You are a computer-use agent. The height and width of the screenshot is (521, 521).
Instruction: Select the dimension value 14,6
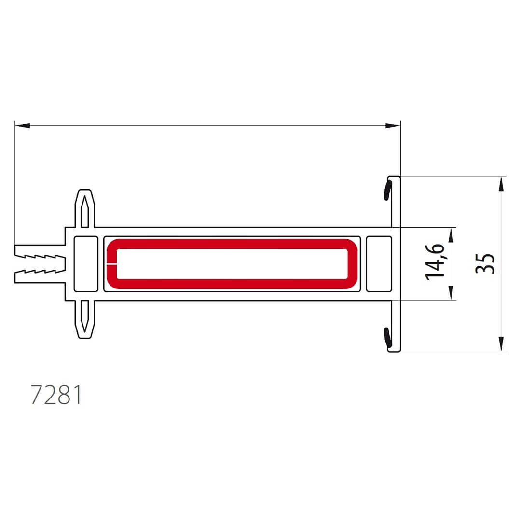pyautogui.click(x=435, y=262)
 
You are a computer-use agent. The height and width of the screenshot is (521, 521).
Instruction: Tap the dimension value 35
pyautogui.click(x=485, y=263)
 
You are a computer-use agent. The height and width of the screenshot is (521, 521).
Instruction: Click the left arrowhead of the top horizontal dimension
pyautogui.click(x=23, y=125)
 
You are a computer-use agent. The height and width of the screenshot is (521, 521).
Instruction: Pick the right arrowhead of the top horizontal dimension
pyautogui.click(x=393, y=125)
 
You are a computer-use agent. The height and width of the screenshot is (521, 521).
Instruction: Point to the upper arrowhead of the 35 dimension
pyautogui.click(x=501, y=184)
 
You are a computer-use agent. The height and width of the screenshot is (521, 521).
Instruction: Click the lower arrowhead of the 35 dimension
pyautogui.click(x=501, y=344)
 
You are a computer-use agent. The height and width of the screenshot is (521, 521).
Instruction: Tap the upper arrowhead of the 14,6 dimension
pyautogui.click(x=451, y=235)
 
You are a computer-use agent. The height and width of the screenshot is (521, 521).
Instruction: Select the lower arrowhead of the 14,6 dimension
pyautogui.click(x=451, y=293)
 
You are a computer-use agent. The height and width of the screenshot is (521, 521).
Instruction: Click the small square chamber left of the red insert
pyautogui.click(x=86, y=264)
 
